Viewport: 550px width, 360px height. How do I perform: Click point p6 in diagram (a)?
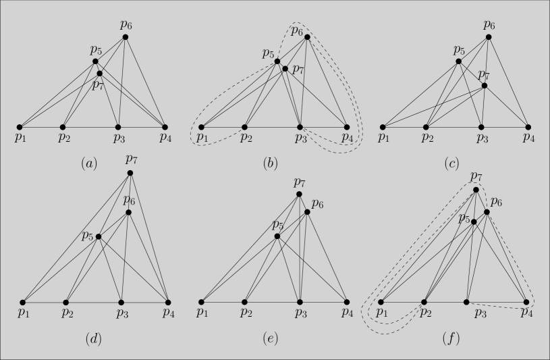[x=126, y=36]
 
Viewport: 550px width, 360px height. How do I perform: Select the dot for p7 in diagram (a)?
[x=99, y=73]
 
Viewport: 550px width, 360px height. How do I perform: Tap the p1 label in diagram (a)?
[x=20, y=138]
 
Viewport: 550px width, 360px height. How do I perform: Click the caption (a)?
[x=88, y=163]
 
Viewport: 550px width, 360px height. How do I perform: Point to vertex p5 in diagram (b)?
[x=277, y=61]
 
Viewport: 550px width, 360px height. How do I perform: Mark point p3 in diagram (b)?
[x=300, y=127]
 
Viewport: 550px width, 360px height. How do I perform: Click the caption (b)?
[x=271, y=163]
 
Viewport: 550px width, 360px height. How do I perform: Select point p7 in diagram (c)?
[x=484, y=86]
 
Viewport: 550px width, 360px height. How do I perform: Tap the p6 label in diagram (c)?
[x=490, y=25]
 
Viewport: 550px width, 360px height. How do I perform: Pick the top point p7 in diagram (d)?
[x=130, y=174]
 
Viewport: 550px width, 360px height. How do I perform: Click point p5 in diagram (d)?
[x=99, y=236]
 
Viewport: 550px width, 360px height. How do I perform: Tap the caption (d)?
[x=93, y=338]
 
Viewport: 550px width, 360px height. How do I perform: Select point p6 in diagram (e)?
[x=307, y=212]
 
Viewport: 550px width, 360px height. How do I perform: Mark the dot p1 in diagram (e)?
[x=201, y=302]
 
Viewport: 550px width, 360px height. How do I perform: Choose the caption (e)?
[x=271, y=338]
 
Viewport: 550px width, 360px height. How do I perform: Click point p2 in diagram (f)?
[x=424, y=302]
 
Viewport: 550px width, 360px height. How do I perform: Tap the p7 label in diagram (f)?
[x=477, y=177]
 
